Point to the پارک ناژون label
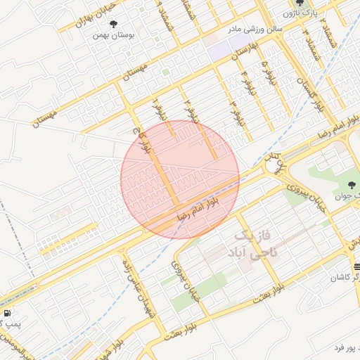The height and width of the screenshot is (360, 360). pyautogui.click(x=302, y=13)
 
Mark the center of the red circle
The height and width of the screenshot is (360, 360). pyautogui.click(x=180, y=179)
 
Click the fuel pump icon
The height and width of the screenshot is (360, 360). pyautogui.click(x=6, y=312)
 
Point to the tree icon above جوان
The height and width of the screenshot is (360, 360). pyautogui.click(x=352, y=185)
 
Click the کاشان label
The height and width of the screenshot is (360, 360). pyautogui.click(x=345, y=278)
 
